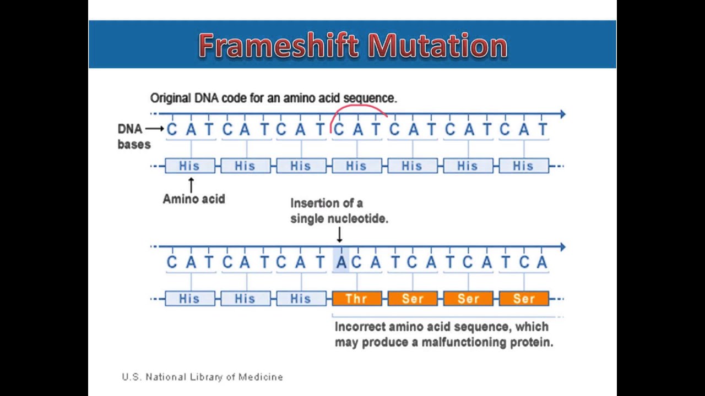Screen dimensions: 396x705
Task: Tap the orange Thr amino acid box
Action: tap(356, 299)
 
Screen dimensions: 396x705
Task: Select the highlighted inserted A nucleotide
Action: tap(341, 262)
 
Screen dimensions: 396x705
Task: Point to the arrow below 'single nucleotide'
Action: tap(339, 235)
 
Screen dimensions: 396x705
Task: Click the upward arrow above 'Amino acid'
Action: tap(191, 184)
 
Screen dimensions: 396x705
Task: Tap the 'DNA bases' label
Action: tap(133, 136)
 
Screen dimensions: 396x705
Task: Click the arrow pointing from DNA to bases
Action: tap(155, 129)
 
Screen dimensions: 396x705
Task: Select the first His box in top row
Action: tap(189, 166)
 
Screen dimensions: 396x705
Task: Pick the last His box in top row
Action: tap(523, 166)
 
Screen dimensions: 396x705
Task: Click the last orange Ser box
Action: tap(523, 299)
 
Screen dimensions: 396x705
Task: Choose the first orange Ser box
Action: tap(413, 299)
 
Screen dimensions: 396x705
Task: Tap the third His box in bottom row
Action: tap(301, 299)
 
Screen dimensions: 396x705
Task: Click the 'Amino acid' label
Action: tap(194, 199)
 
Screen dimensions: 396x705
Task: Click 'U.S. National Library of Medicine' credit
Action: tap(202, 377)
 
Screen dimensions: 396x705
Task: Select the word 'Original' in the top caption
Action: tap(171, 98)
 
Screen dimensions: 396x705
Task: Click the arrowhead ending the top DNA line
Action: tap(562, 114)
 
